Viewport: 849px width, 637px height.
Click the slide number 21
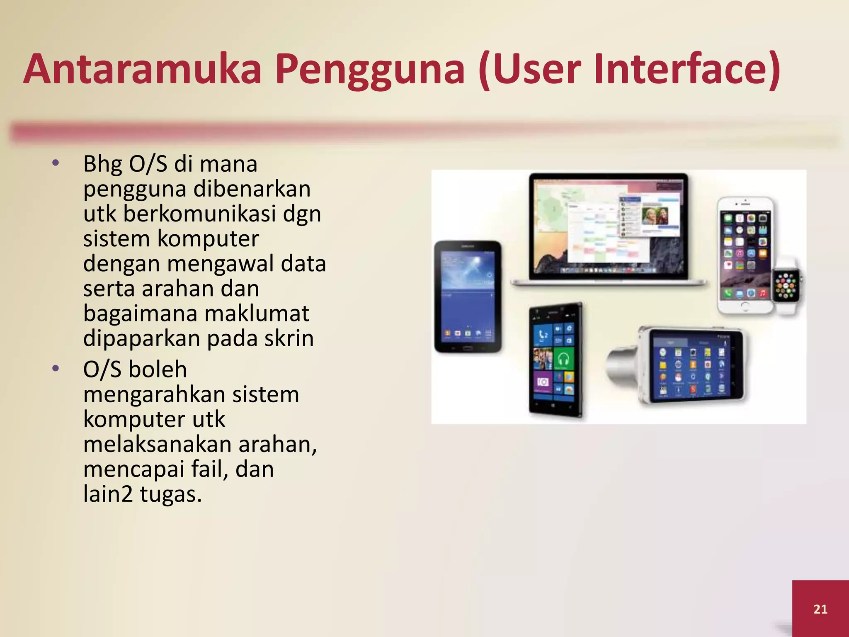coord(820,609)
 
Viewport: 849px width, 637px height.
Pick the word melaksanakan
coord(158,444)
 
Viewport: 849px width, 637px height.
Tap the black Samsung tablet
coord(468,297)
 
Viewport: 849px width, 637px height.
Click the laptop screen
coord(608,226)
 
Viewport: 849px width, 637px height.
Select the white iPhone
coord(745,255)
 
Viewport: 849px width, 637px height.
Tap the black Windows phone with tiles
coord(555,360)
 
